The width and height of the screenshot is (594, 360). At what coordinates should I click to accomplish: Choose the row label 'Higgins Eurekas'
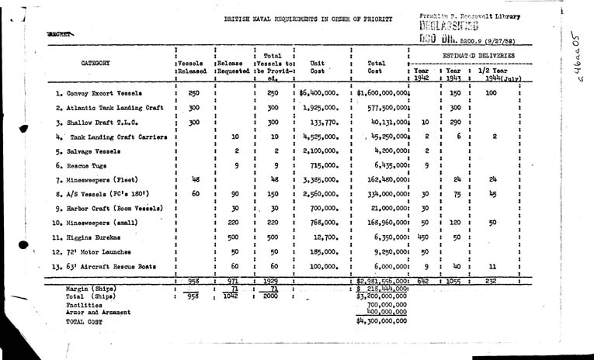coord(92,238)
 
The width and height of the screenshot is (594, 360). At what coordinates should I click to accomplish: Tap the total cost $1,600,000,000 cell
coord(382,92)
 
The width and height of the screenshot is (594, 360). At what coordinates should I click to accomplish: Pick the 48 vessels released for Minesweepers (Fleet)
coord(195,179)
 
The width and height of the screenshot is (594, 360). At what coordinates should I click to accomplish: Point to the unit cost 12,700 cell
coord(321,238)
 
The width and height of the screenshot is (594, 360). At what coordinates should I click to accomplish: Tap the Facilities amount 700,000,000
coord(387,305)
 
